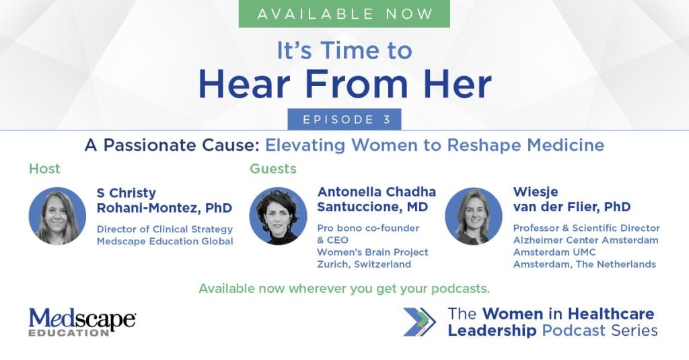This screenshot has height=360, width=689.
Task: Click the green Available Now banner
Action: pos(344,13)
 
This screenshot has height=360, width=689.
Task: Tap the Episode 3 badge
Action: pos(344,119)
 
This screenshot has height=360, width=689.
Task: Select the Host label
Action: pos(44,168)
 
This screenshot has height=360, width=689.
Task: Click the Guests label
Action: pos(273,168)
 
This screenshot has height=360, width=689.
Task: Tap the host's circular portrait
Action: pos(57,216)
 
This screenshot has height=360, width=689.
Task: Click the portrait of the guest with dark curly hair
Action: pos(278,216)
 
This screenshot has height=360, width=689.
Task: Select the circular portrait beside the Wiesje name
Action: pos(473,216)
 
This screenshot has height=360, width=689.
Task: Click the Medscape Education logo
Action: pos(82,322)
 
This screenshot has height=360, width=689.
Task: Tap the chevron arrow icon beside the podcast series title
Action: pos(420,322)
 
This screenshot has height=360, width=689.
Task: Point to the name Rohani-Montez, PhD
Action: pos(164,208)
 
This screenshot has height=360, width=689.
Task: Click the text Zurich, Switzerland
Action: pos(364,264)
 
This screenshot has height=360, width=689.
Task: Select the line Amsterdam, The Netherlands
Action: pos(585,264)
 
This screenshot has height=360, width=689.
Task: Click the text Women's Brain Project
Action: pos(373,252)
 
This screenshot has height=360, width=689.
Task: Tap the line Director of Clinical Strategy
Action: pos(165,229)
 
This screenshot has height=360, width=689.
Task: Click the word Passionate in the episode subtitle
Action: pos(180,145)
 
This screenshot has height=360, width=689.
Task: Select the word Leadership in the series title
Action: pos(492,330)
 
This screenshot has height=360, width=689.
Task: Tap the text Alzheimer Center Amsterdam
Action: pos(586,240)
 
